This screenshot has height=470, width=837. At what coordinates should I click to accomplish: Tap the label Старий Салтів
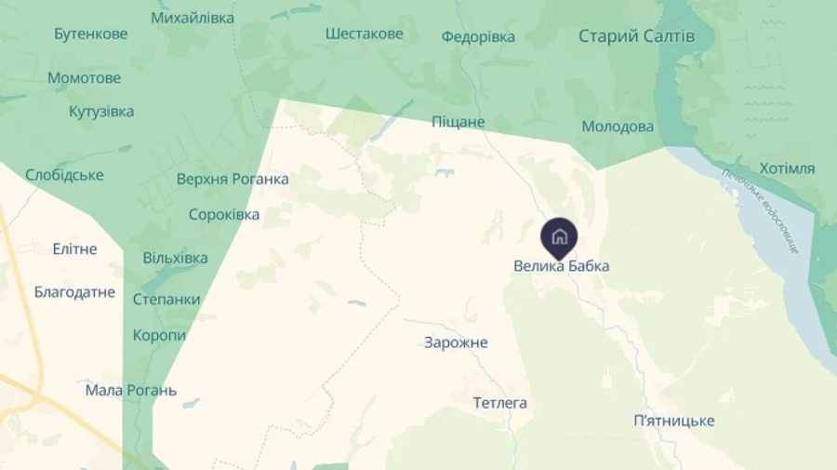636,36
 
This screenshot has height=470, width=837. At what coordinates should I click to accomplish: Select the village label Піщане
458,122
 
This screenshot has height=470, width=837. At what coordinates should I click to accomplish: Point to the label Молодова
618,127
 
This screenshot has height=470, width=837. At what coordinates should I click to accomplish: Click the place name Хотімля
787,168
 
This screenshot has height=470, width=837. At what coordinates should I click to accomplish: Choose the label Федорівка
478,37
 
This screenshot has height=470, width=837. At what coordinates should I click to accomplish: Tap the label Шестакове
365,34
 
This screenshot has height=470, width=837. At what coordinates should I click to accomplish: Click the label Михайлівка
193,18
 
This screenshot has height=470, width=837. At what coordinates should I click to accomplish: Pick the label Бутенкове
91,34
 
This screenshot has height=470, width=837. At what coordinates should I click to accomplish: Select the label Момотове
85,78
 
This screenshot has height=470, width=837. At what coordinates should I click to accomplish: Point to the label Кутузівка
101,112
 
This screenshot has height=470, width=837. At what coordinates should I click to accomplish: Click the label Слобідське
65,175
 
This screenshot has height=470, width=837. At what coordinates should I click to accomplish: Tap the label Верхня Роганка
232,179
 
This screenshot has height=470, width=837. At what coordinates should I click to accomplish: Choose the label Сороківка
224,214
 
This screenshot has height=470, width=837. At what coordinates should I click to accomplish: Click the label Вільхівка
175,258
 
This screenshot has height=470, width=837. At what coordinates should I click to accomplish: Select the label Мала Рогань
131,390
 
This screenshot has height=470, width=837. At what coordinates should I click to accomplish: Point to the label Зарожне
456,342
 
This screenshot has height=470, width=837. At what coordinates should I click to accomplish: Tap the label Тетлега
499,403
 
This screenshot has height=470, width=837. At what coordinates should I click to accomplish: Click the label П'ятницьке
673,421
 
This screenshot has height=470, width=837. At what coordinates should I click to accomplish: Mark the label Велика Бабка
562,266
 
